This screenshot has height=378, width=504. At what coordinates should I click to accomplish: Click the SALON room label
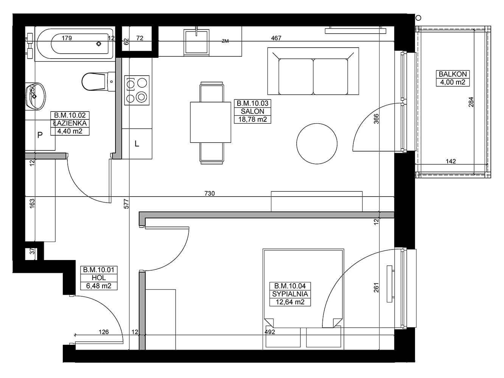click(x=252, y=112)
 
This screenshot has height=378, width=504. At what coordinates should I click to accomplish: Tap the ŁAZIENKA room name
click(x=70, y=123)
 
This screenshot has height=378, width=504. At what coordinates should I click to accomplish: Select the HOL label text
click(x=99, y=278)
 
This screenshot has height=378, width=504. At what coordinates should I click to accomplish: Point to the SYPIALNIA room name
click(x=290, y=294)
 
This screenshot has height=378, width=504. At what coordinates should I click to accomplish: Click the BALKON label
click(x=453, y=74)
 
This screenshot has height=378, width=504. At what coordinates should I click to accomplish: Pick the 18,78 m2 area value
click(x=252, y=119)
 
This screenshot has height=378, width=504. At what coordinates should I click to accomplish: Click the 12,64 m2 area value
click(x=290, y=302)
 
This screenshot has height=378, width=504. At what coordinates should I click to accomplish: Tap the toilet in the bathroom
click(x=98, y=81)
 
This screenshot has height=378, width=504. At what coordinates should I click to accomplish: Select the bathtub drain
click(x=99, y=44)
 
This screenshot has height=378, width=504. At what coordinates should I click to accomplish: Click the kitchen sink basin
click(x=196, y=42)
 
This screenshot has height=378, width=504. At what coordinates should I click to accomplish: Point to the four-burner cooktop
click(x=137, y=90)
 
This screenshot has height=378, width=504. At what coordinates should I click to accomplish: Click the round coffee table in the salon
click(x=317, y=144)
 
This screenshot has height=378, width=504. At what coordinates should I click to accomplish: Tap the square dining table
click(x=210, y=122)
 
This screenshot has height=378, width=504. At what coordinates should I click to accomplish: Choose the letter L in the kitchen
click(x=137, y=144)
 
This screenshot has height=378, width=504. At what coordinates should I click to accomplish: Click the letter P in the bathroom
click(x=40, y=135)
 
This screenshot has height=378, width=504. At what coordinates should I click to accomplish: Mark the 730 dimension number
click(x=209, y=194)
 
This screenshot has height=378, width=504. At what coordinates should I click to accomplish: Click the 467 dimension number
click(x=276, y=38)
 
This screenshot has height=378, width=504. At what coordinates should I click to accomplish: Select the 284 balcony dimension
click(x=471, y=102)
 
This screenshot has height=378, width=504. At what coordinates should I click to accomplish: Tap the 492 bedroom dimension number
click(x=270, y=332)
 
